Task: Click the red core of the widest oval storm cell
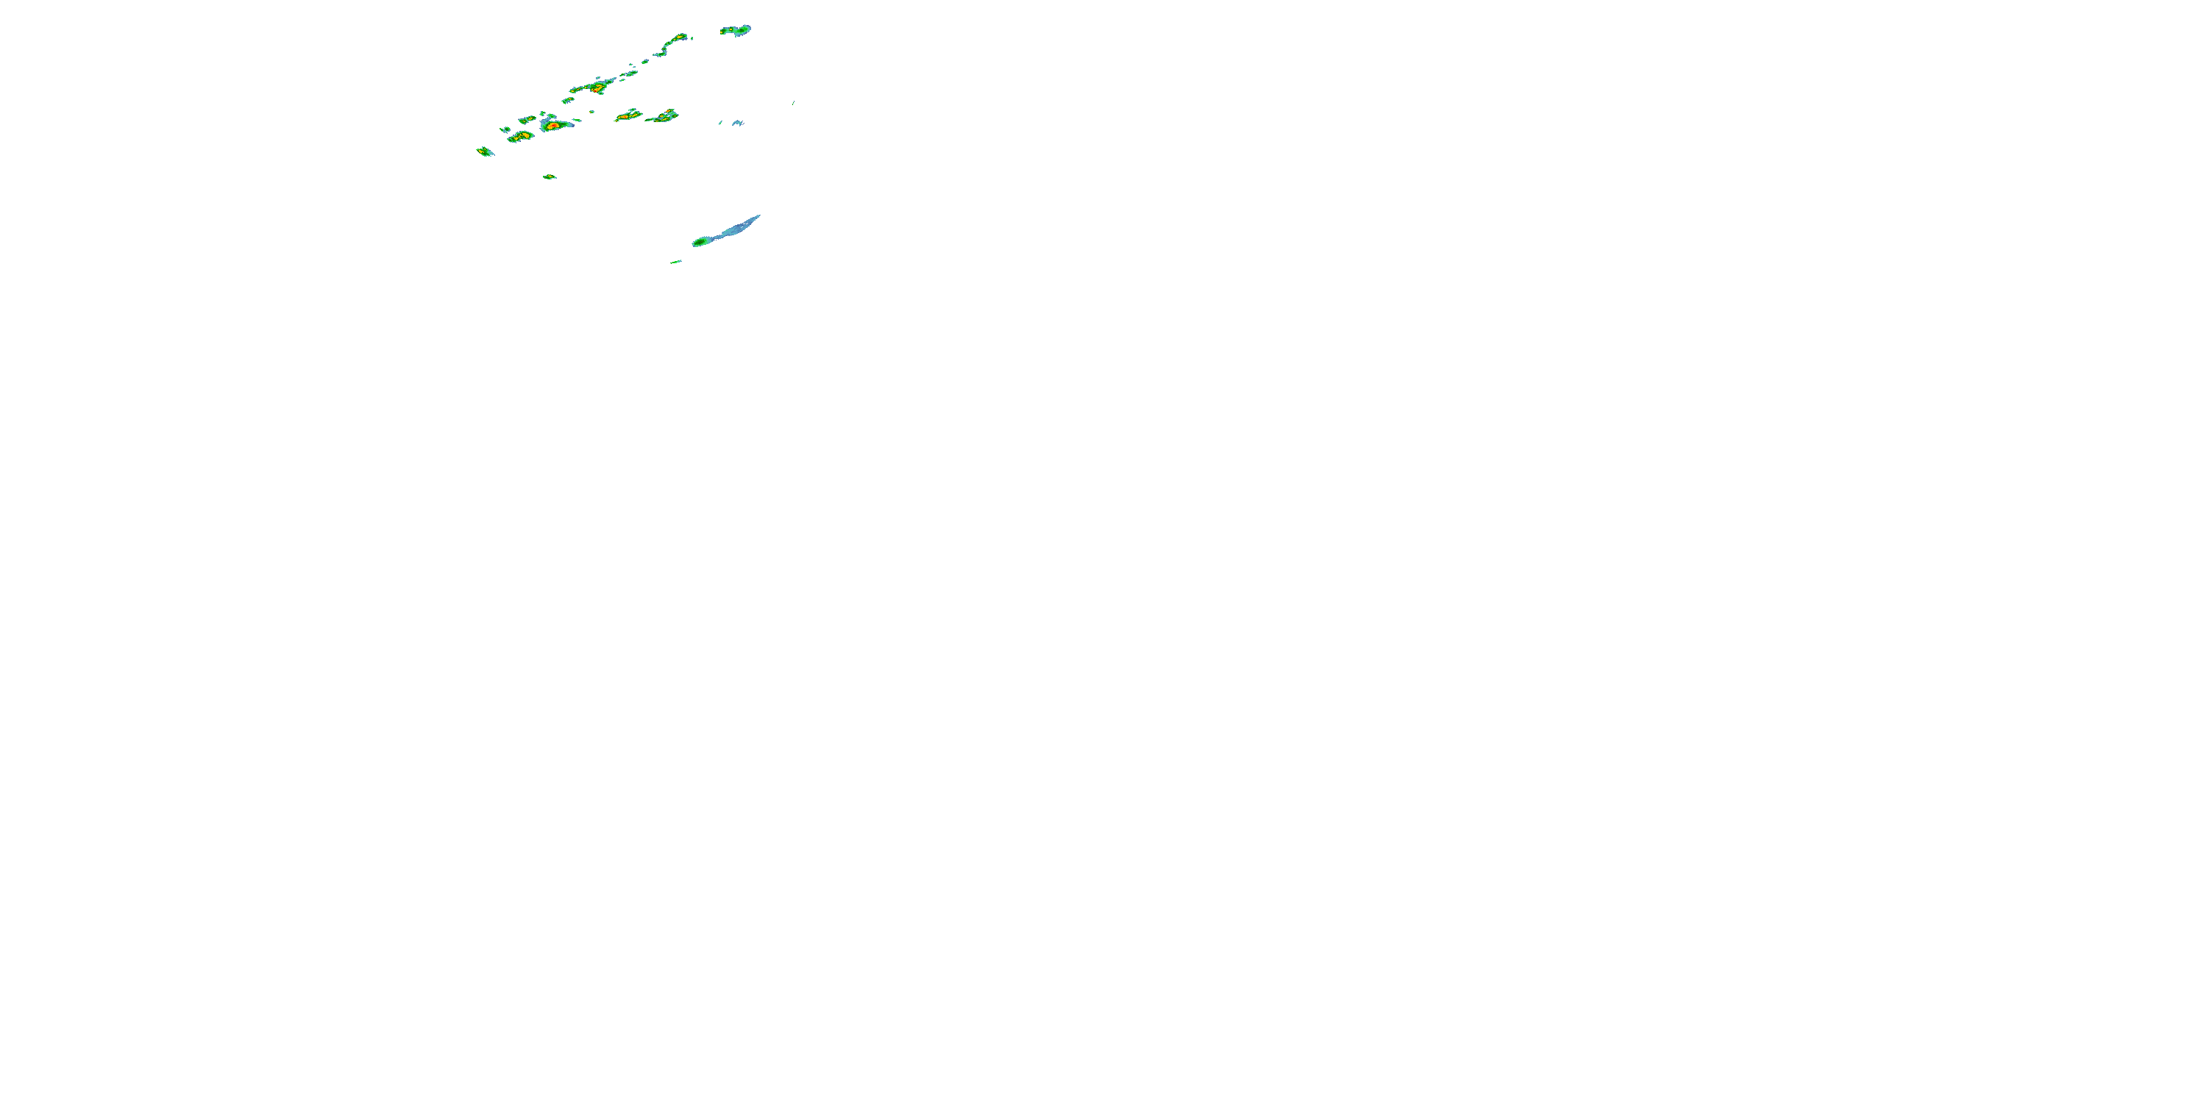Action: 553,126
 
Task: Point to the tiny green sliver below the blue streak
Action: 676,261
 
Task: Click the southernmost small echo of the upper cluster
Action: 550,176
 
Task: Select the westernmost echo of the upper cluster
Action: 485,151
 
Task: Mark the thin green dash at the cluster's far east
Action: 793,103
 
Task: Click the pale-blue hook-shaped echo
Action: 737,124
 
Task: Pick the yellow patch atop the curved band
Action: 680,38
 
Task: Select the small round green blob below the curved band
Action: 646,61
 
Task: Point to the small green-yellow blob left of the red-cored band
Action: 567,100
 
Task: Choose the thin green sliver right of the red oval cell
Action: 577,120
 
